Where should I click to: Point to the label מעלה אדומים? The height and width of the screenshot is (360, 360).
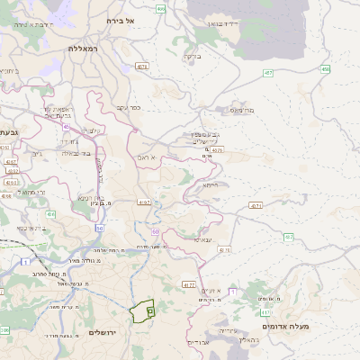pyautogui.click(x=284, y=325)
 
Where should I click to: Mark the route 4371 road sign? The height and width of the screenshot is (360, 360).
pyautogui.click(x=256, y=206)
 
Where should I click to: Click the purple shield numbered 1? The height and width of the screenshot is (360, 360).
pyautogui.click(x=232, y=292)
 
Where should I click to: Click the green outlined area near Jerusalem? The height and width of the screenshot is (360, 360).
pyautogui.click(x=142, y=310)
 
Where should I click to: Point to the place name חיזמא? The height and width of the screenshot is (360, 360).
pyautogui.click(x=210, y=184)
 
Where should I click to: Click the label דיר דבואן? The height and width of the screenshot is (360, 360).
pyautogui.click(x=220, y=22)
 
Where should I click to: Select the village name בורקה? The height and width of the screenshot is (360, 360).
pyautogui.click(x=191, y=56)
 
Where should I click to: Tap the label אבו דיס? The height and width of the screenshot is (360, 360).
pyautogui.click(x=199, y=342)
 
